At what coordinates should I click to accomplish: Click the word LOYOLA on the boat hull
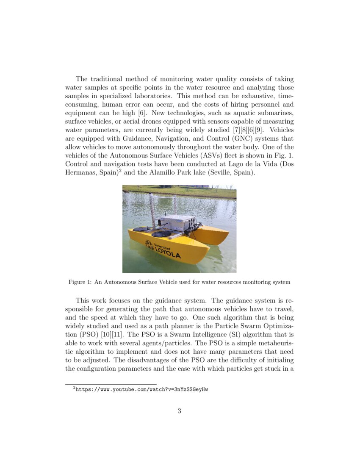(167, 254)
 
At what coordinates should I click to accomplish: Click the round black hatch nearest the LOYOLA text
(161, 233)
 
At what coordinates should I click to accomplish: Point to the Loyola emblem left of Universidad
(149, 244)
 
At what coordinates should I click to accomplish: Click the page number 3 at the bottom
(180, 411)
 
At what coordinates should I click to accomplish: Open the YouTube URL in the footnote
(141, 388)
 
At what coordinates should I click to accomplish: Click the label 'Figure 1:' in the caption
(80, 282)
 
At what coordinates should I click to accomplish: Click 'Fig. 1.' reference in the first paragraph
(285, 155)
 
